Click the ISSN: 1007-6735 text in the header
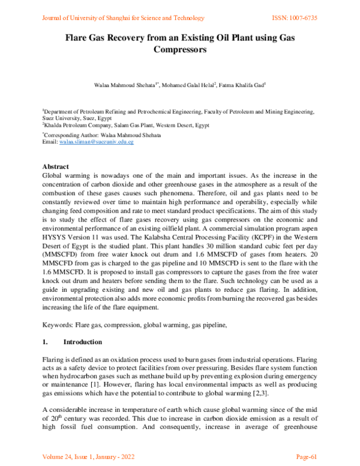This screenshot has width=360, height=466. (292, 18)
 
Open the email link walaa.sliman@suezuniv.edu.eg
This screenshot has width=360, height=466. (95, 142)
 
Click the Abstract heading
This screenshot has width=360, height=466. (55, 166)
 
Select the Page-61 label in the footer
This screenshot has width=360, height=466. (307, 456)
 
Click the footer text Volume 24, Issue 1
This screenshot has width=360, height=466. (72, 456)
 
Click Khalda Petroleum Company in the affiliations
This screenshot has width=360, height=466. (74, 126)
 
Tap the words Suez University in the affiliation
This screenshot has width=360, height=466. (62, 118)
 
